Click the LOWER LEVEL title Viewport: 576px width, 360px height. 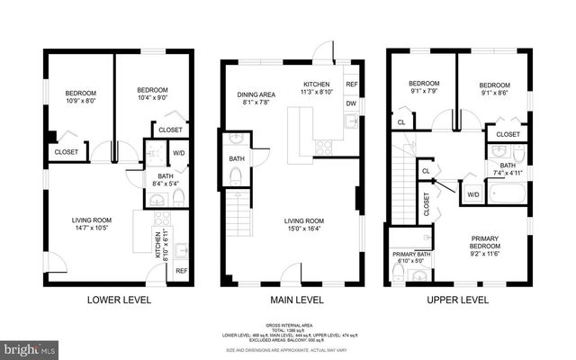click(x=118, y=300)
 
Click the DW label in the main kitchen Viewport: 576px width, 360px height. click(x=351, y=103)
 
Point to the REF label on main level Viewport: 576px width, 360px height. click(x=351, y=85)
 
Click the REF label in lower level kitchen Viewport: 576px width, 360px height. click(x=181, y=271)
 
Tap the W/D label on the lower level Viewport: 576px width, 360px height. click(x=178, y=152)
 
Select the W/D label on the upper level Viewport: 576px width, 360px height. click(x=472, y=193)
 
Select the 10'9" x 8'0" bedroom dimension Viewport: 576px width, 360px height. click(x=80, y=102)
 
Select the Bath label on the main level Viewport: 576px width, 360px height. click(x=236, y=158)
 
